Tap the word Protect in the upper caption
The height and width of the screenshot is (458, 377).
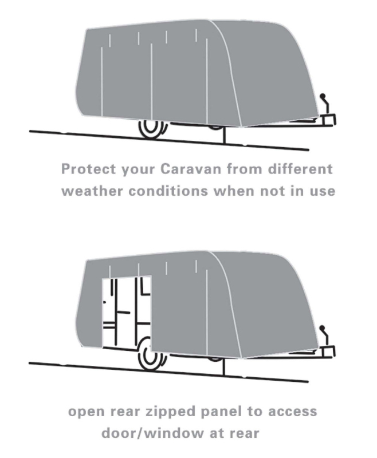click(x=89, y=169)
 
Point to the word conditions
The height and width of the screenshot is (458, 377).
click(x=168, y=191)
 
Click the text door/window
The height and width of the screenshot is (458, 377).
click(x=152, y=433)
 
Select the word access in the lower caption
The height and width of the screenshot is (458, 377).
click(x=292, y=412)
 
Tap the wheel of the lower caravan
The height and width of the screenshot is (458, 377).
click(x=151, y=355)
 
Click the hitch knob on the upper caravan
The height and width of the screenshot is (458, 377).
click(x=323, y=96)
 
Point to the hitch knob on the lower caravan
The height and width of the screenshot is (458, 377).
click(x=322, y=328)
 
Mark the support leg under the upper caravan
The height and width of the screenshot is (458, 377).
click(x=225, y=136)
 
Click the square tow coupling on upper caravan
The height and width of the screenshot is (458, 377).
click(x=328, y=120)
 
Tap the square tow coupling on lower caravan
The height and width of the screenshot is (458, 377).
click(x=328, y=352)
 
